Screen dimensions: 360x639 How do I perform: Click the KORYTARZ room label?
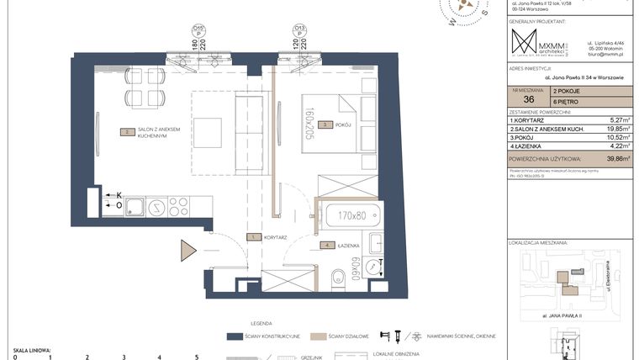(274, 238)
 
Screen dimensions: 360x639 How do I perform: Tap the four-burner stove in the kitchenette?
(177, 207)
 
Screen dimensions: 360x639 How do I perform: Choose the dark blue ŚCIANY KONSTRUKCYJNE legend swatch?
(235, 336)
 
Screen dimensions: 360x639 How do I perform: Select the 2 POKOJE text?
(568, 89)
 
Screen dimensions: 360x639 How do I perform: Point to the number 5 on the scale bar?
(196, 357)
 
